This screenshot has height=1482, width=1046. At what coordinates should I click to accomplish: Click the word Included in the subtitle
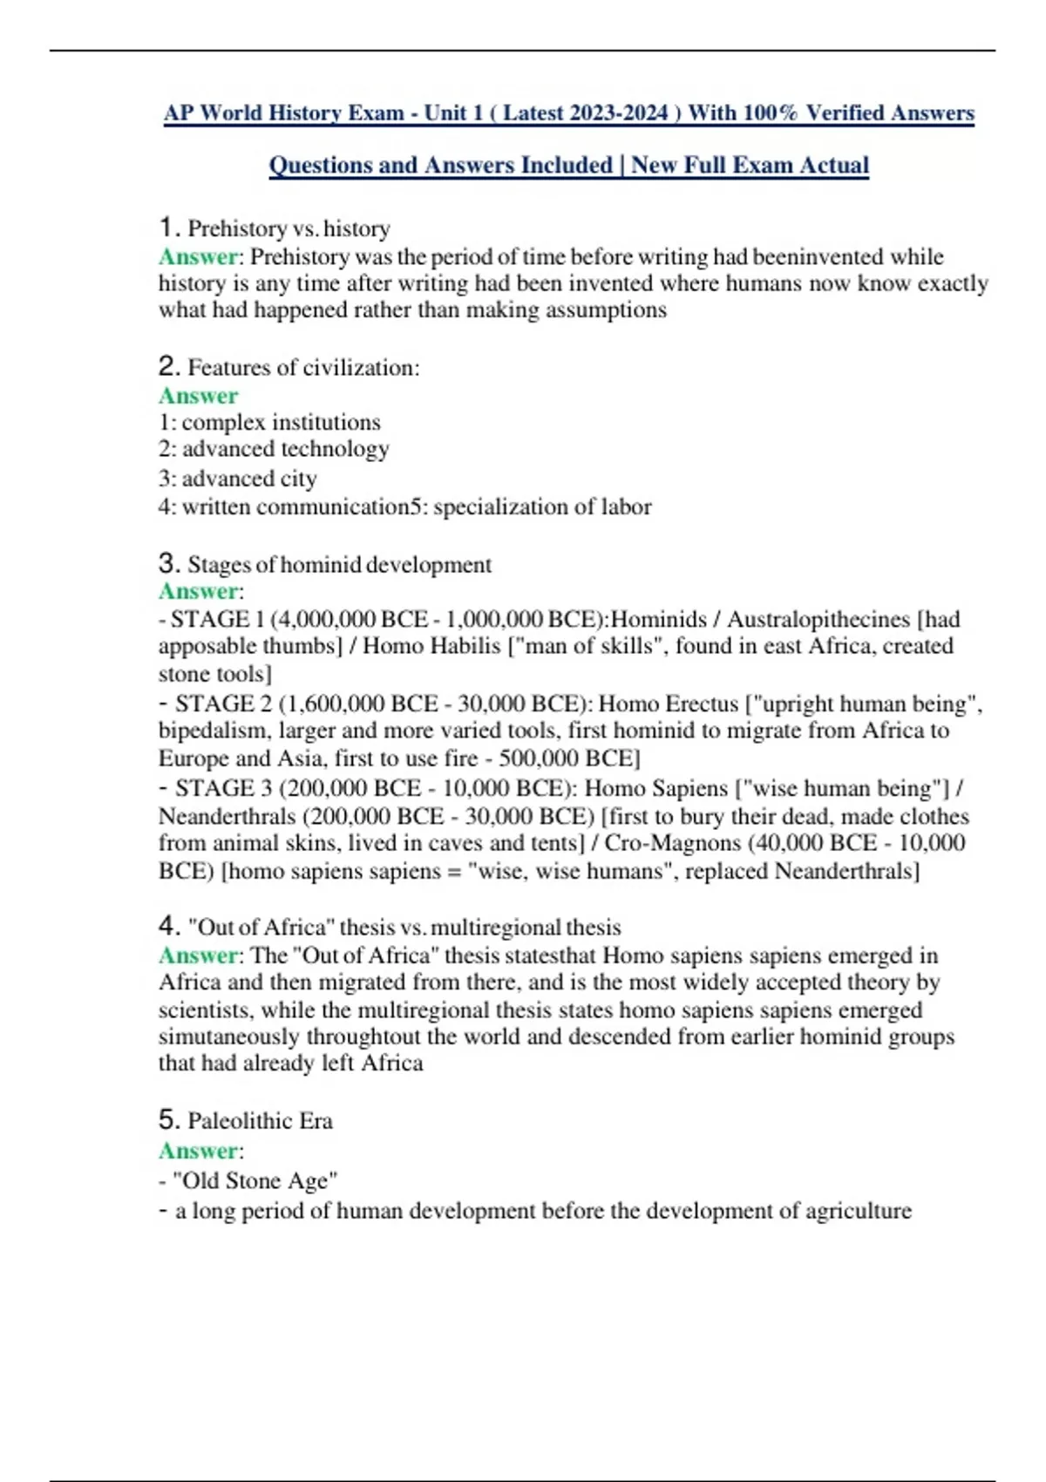(567, 166)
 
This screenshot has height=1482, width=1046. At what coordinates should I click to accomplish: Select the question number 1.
(168, 228)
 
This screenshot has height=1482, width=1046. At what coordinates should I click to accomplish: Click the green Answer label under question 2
(198, 396)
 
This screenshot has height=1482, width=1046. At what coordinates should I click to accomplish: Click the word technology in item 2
(335, 449)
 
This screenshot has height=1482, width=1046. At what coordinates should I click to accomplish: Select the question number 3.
(168, 564)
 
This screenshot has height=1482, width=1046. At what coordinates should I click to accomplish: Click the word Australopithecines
(818, 620)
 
